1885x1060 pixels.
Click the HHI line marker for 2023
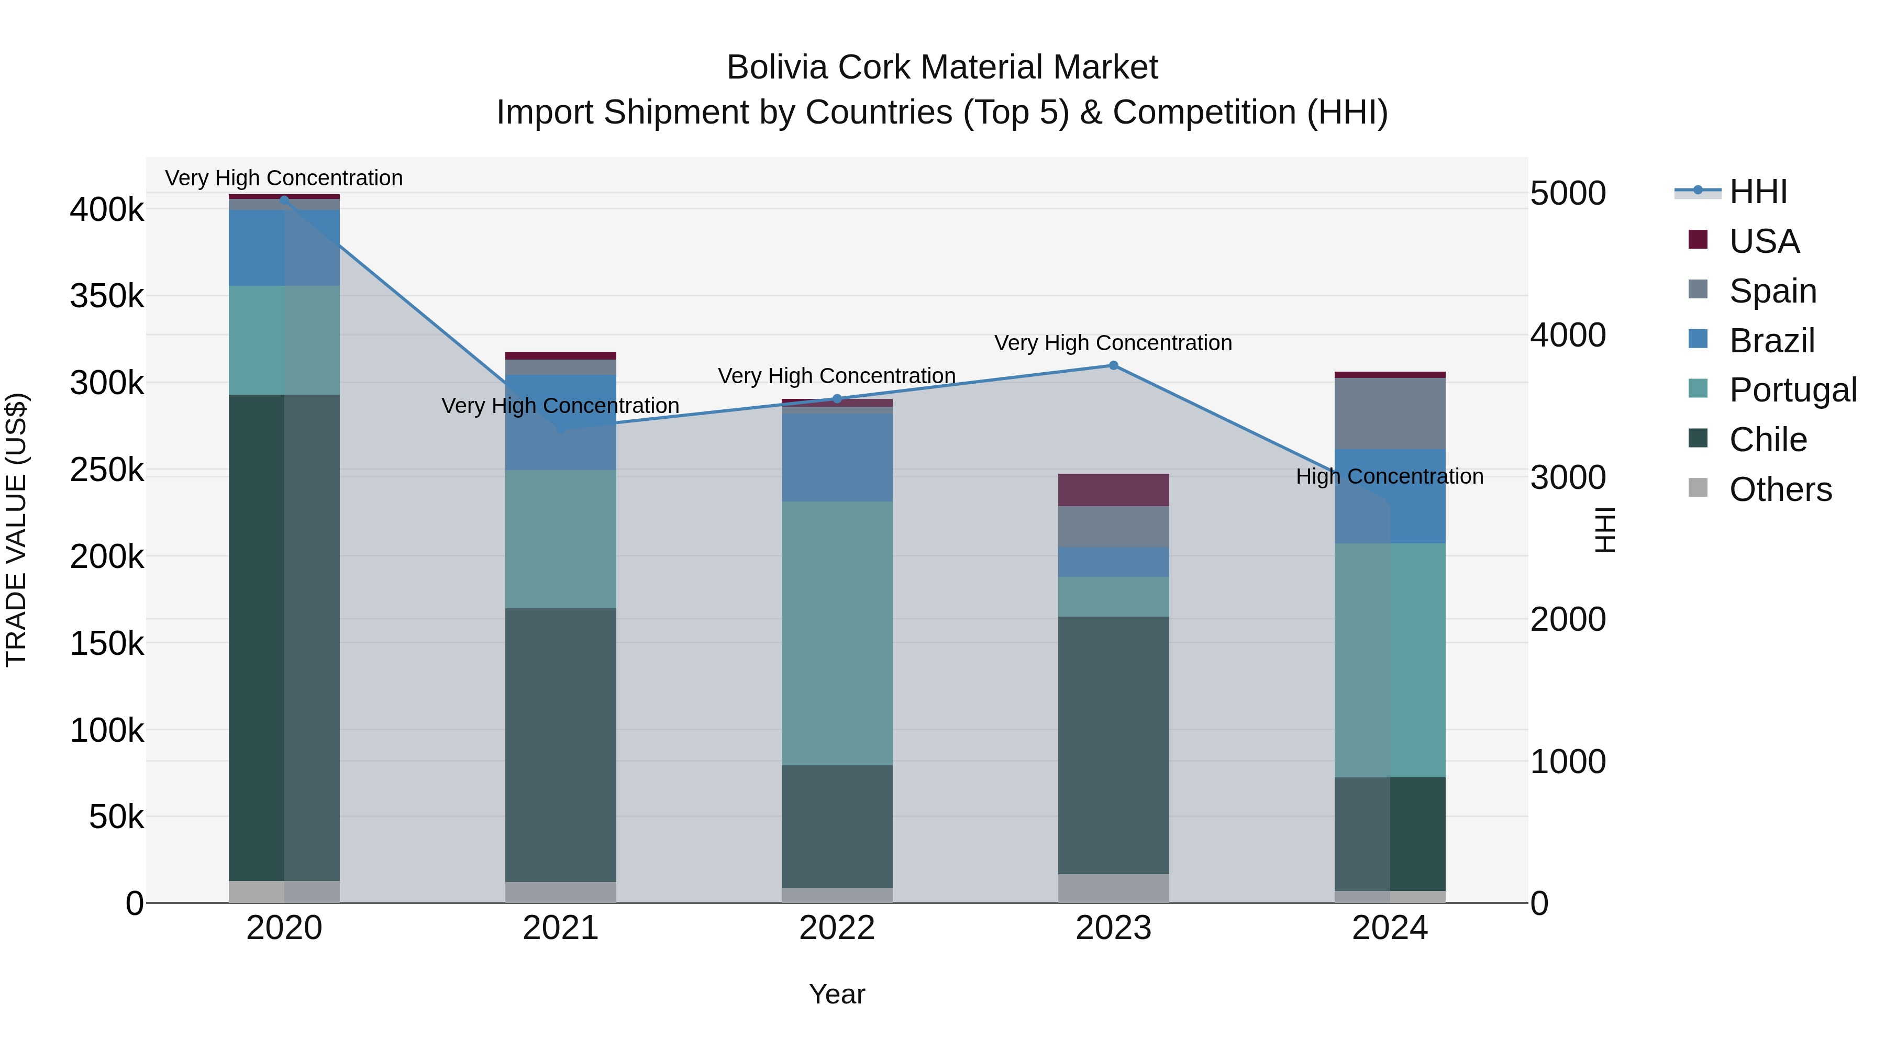tap(1113, 365)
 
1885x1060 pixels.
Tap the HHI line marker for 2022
tap(837, 399)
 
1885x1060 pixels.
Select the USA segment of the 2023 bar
tap(1113, 489)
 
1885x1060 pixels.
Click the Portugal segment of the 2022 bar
tap(837, 633)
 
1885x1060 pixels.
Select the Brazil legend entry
tap(1771, 340)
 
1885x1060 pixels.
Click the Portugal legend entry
tap(1792, 390)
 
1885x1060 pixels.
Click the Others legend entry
tap(1780, 489)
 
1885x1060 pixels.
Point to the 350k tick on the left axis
tap(107, 296)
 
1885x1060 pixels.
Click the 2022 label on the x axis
tap(837, 928)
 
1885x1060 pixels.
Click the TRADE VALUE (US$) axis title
tap(16, 530)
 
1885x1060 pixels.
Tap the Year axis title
tap(837, 994)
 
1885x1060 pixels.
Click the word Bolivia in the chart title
tap(777, 68)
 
